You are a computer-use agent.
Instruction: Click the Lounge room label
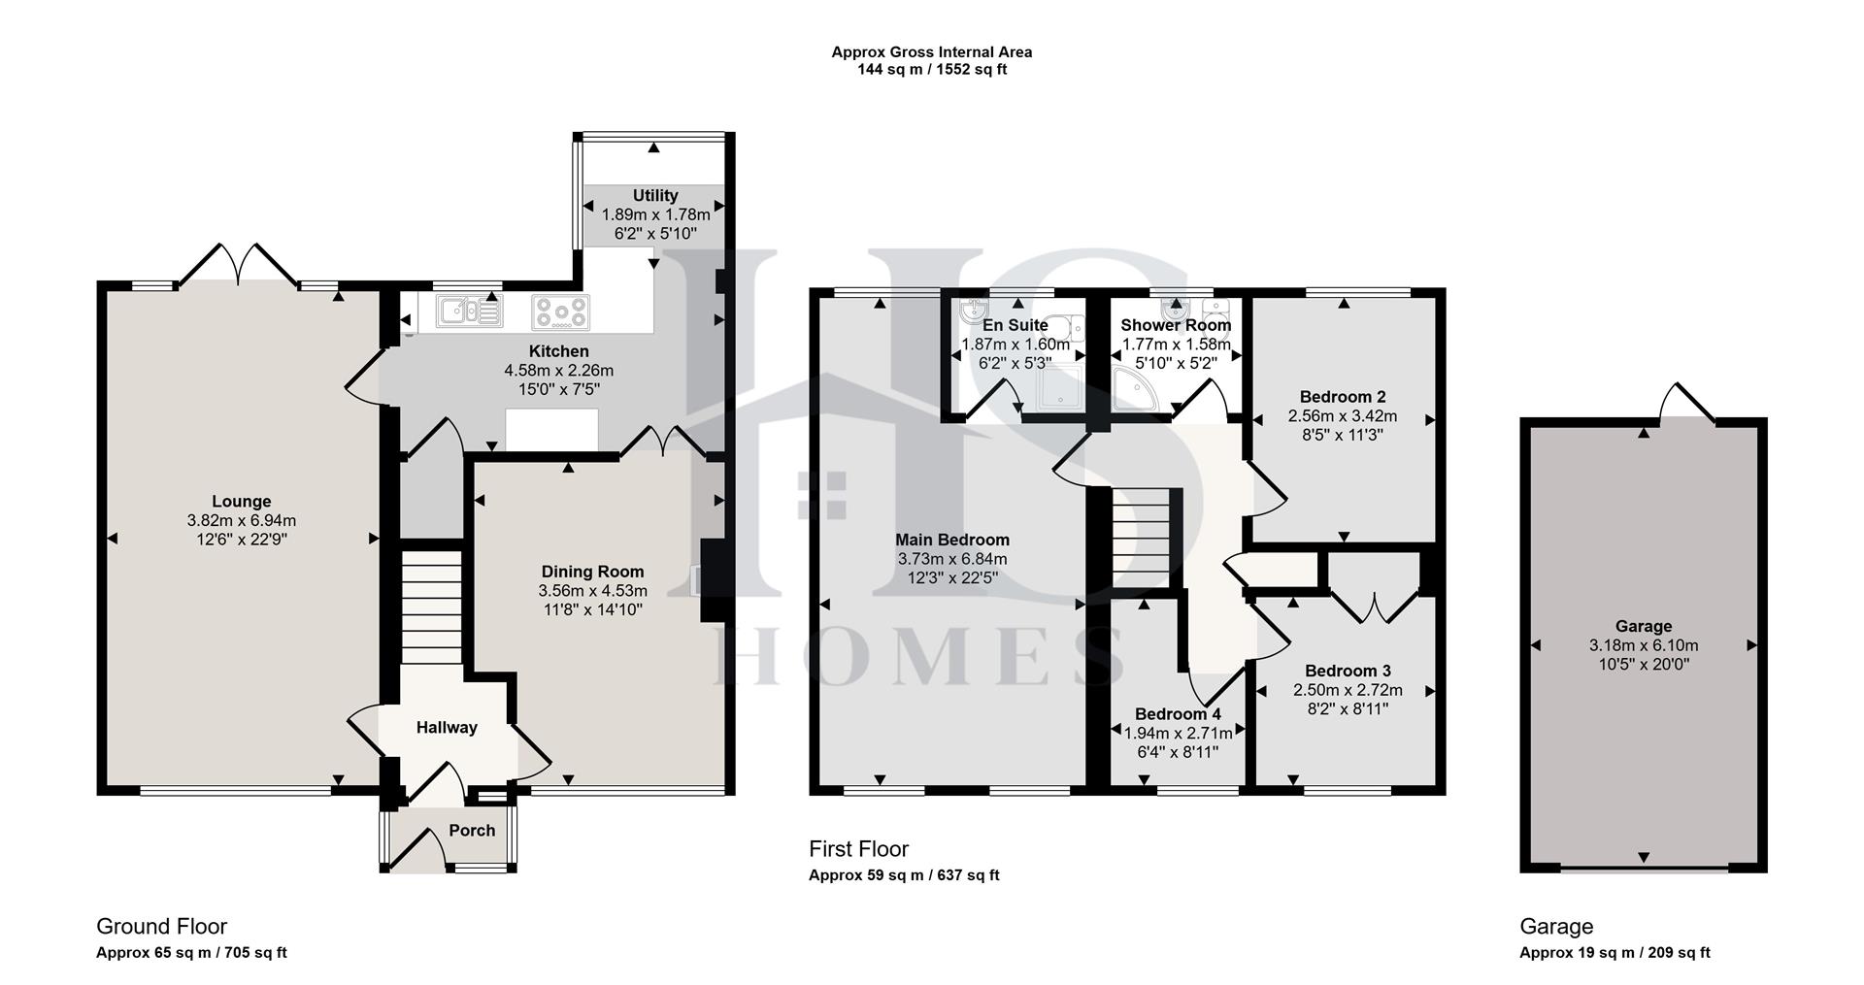(x=242, y=502)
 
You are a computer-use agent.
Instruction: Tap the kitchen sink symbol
(x=468, y=312)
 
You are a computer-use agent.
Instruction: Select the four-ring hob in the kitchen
(x=561, y=312)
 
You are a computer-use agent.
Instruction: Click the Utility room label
(x=655, y=196)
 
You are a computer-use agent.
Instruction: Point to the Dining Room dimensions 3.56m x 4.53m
(x=592, y=590)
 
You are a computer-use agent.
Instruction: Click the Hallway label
(x=447, y=727)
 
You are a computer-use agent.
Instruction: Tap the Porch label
(x=472, y=831)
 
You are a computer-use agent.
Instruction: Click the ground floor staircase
(x=431, y=607)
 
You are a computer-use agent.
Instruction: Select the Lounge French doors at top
(x=239, y=264)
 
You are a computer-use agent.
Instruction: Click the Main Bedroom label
(x=951, y=540)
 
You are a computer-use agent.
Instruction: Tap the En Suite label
(x=1015, y=325)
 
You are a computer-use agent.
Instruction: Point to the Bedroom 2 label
(x=1342, y=396)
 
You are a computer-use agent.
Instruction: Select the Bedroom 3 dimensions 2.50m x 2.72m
(x=1348, y=690)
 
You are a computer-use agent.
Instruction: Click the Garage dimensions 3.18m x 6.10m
(x=1644, y=645)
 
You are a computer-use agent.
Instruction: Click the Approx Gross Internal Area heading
(x=931, y=52)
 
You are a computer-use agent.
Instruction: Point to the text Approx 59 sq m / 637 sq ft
(x=904, y=875)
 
